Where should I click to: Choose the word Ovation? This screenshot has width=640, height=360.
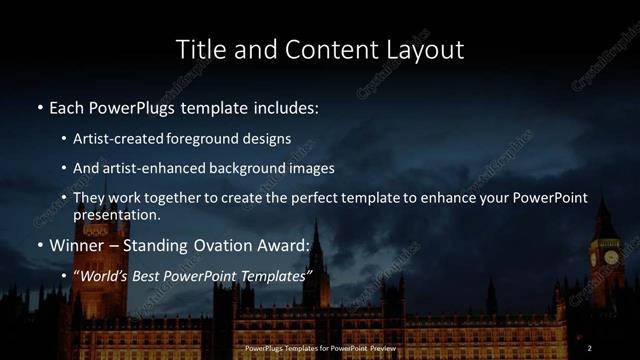pos(222,244)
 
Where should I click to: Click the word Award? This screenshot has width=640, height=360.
pos(284,244)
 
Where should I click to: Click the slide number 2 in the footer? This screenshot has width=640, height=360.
pos(590,348)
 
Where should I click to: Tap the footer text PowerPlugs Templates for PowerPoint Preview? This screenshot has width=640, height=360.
pos(319,348)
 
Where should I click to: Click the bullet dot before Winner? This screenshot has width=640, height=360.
pos(39,245)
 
